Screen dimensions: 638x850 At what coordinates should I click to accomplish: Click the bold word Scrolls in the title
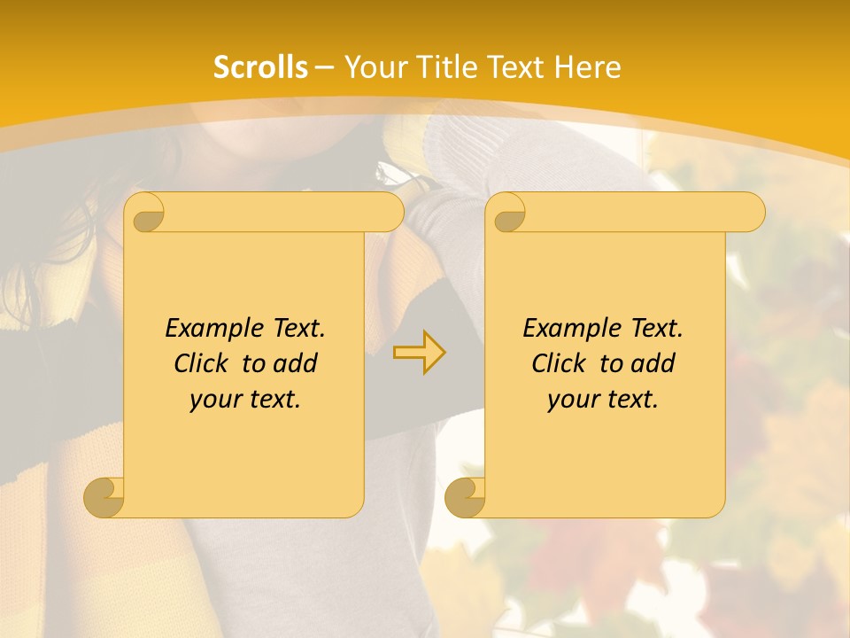(x=261, y=67)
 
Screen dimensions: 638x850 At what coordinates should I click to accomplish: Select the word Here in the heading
(x=589, y=67)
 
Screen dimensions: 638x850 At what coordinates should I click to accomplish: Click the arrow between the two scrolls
(x=420, y=353)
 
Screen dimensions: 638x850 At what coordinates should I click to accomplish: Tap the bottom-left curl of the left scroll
(x=104, y=497)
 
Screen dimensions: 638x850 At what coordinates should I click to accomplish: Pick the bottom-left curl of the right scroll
(x=465, y=497)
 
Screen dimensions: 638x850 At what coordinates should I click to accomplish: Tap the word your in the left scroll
(x=213, y=400)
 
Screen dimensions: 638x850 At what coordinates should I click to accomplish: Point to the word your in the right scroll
(x=571, y=400)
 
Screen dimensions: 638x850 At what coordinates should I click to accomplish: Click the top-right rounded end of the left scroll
(x=390, y=212)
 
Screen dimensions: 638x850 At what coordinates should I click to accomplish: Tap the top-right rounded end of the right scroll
(x=752, y=212)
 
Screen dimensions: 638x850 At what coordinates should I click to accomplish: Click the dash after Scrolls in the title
(x=325, y=68)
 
